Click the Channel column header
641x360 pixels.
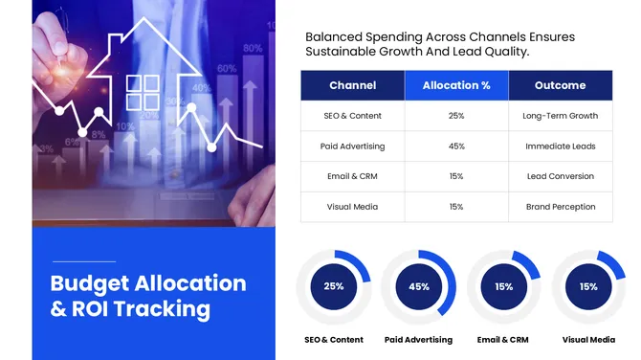pos(352,85)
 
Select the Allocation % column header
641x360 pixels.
pos(456,85)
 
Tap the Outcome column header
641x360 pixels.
pos(560,85)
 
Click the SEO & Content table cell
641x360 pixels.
pos(352,116)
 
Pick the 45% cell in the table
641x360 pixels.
pos(456,146)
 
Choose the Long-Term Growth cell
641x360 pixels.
pos(560,116)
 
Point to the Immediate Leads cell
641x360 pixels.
pos(560,146)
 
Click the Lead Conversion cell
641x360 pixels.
pos(560,176)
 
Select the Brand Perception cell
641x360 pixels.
pos(560,207)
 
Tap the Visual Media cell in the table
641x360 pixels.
pos(352,207)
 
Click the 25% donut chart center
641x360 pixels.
pos(333,286)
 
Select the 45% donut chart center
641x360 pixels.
pos(418,286)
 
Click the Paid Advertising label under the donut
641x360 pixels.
pos(418,340)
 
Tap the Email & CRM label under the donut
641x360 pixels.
pos(503,340)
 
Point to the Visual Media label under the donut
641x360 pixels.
pos(588,340)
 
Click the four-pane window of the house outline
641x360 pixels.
pos(144,93)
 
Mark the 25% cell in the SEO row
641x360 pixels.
pos(456,116)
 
